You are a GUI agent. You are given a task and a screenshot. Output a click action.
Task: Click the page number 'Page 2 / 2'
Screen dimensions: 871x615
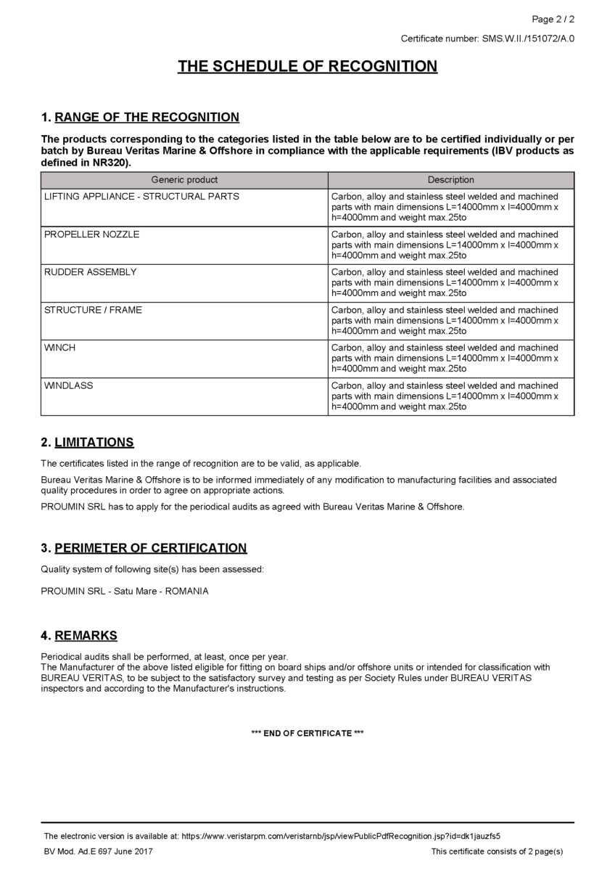pos(553,19)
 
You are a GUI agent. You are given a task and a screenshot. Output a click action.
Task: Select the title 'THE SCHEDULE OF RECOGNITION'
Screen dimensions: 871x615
pos(307,67)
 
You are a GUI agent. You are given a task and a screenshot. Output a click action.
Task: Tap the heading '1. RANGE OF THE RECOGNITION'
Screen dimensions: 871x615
pos(140,118)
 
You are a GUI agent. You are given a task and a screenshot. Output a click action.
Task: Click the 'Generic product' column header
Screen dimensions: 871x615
pos(184,180)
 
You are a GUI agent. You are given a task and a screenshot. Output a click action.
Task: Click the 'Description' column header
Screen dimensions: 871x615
pos(450,180)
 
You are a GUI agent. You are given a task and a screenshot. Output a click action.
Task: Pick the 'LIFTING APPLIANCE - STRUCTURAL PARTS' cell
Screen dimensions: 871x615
pos(141,197)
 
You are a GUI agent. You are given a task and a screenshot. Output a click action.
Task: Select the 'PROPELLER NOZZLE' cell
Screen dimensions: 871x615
pos(92,234)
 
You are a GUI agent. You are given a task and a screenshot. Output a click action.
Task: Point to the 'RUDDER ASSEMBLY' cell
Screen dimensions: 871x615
pos(91,272)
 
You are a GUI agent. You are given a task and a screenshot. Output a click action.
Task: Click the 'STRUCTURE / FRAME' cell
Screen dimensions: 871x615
pos(93,310)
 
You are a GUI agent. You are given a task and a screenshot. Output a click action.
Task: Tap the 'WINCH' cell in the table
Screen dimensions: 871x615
pos(60,348)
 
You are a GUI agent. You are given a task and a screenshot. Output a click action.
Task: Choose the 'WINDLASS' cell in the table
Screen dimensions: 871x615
pos(69,385)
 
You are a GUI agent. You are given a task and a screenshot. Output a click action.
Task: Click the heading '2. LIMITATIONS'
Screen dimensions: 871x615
pos(87,443)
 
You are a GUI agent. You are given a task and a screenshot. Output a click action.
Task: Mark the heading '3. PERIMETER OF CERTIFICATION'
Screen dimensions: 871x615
pos(144,548)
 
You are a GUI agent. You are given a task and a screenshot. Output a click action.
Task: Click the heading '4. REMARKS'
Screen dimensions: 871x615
pos(79,636)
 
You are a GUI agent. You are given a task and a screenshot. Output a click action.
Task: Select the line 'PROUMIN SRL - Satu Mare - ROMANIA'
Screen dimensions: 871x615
pos(125,591)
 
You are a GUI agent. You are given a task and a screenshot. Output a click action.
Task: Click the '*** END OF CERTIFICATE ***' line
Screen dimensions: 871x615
pos(307,733)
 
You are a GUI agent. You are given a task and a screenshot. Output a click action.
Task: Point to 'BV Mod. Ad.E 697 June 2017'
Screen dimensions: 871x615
pos(98,851)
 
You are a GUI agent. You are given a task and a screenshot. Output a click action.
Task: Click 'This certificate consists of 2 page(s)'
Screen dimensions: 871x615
pos(497,851)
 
